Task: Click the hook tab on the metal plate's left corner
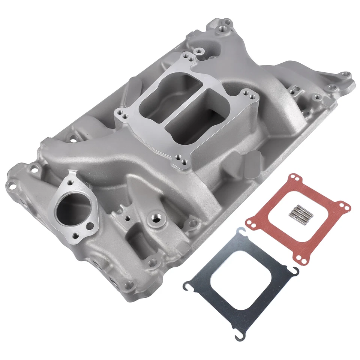coord(186,287)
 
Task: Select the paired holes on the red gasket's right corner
coord(345,206)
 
